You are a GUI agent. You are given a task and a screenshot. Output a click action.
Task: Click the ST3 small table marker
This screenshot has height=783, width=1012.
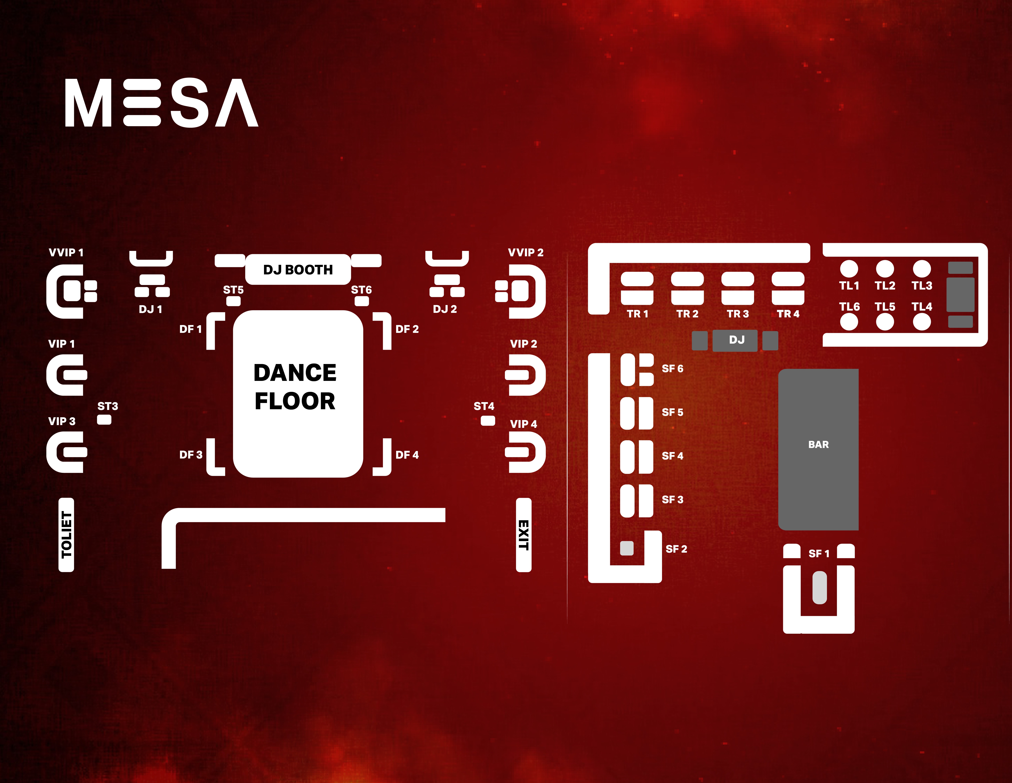[104, 420]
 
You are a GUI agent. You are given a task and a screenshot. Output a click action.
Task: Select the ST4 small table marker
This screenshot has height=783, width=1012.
[488, 421]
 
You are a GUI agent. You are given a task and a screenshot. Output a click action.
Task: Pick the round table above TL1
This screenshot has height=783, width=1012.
[849, 268]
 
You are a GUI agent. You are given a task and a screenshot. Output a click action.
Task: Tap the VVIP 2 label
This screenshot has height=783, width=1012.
[525, 252]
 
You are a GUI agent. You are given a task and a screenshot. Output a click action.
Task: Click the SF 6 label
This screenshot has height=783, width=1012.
[672, 368]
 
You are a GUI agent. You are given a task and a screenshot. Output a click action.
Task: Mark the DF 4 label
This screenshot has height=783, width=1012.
[407, 455]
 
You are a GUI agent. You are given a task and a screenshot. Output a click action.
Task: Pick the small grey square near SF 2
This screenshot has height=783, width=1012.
[627, 548]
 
